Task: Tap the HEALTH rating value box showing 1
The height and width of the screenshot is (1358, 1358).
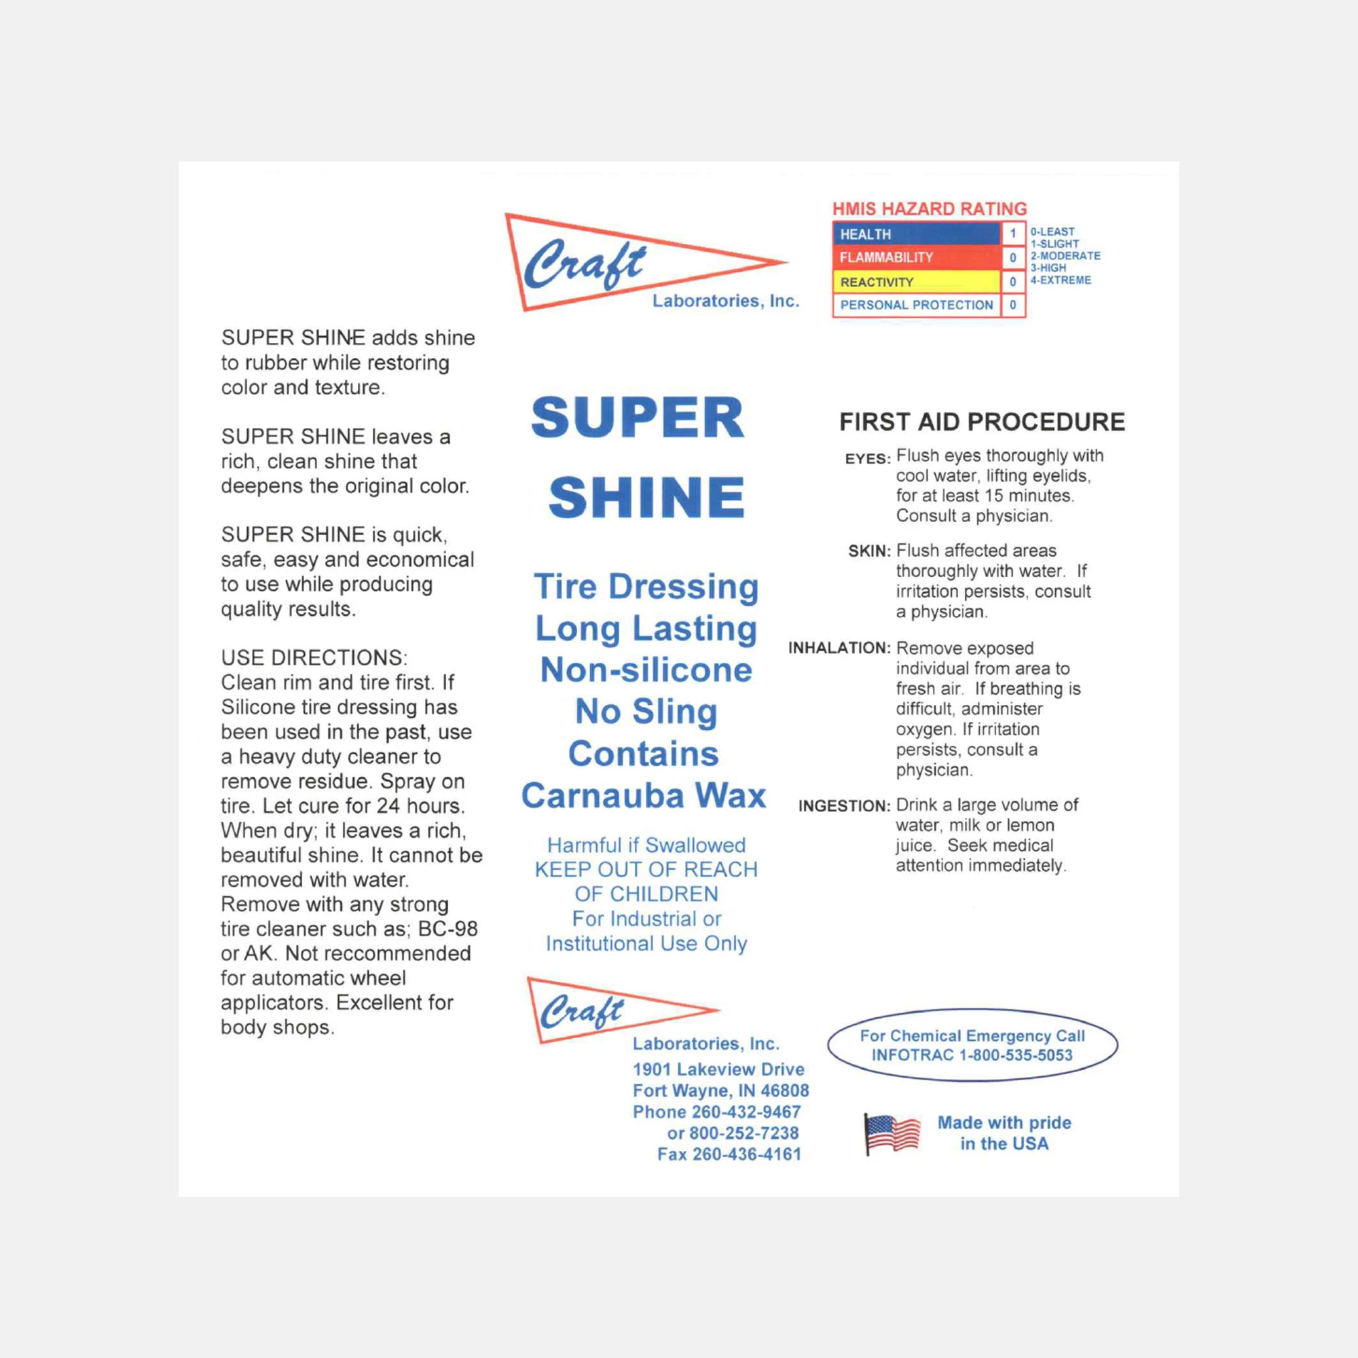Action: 1012,234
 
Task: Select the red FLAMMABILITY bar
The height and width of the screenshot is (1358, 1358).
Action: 915,258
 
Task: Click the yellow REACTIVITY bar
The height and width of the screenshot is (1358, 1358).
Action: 915,282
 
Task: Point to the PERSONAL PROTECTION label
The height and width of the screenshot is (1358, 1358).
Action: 916,305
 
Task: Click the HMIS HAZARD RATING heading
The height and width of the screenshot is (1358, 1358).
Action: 930,208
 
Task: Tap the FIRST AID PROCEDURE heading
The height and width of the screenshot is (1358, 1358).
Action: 982,422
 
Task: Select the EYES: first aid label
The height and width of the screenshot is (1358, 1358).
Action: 867,459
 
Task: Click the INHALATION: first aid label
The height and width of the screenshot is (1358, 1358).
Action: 839,648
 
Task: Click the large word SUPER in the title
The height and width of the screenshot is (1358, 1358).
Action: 638,418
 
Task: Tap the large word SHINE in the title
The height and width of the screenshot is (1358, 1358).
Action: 646,498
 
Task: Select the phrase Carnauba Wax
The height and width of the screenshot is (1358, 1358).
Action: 643,796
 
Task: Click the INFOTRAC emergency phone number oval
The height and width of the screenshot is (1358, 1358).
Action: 972,1045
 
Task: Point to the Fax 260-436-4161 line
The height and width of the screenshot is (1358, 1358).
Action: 729,1154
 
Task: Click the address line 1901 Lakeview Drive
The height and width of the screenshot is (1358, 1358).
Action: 718,1069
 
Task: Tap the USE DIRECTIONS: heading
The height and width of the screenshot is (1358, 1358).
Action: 314,658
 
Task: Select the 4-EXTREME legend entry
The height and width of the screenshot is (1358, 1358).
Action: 1061,280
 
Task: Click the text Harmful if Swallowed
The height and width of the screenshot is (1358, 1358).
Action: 646,845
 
